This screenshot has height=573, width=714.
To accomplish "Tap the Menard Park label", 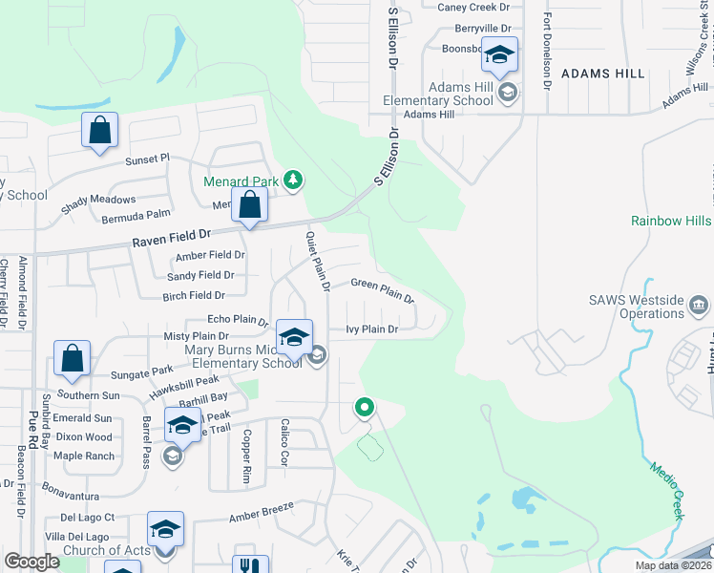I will point(241,181).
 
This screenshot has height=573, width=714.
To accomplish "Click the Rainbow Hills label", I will point(671,221).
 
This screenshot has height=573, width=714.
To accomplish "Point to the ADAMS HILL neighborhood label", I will point(597,73).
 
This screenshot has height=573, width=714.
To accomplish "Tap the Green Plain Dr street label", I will point(382,288).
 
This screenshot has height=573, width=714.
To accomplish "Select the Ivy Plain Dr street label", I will point(370,329).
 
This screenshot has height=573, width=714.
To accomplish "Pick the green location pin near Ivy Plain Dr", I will point(364,408).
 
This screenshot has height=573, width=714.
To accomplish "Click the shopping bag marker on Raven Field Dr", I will point(249,206).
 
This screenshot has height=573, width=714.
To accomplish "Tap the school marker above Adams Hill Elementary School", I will point(499,55).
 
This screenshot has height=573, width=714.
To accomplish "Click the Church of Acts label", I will point(107,550).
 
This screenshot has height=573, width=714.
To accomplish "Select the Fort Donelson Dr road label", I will point(547,53).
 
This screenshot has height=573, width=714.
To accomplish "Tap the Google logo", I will point(31,562).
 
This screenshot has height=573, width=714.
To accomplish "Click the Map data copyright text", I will point(673,565).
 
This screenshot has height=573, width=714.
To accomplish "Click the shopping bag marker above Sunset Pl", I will point(100,131).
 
